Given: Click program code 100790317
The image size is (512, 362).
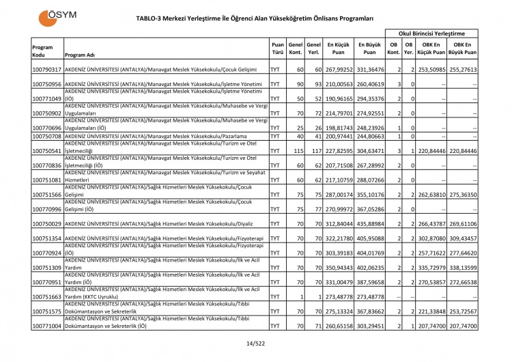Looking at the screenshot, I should pos(47,70).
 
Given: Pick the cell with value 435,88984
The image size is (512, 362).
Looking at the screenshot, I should pos(369,223).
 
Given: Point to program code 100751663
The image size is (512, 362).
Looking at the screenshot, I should pos(47,297).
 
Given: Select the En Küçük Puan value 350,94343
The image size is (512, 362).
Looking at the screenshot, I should pos(339,268).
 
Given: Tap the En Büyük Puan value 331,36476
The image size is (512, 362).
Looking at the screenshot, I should pos(369,70).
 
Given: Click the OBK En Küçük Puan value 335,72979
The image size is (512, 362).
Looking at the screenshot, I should pos(431,268).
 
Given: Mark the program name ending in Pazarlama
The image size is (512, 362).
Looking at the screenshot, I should pos(155,137).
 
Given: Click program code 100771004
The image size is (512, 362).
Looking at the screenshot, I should pos(47,326).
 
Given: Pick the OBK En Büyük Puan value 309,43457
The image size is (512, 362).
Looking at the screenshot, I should pos(462,238).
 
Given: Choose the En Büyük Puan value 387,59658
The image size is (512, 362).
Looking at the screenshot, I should pos(369,282).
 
